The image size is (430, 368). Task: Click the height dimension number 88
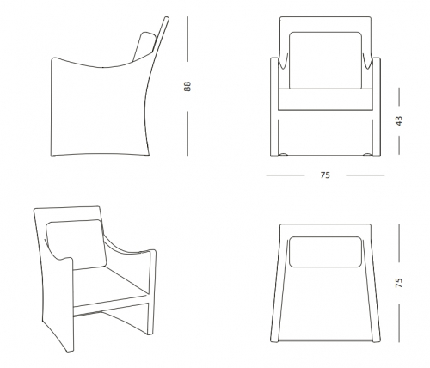pos(187,86)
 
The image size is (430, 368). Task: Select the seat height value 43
pos(399,120)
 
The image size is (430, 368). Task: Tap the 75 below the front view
pos(325,175)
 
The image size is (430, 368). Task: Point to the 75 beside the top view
pos(399,283)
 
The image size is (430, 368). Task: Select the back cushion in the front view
pos(325,60)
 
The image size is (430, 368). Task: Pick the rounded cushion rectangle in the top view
pos(325,252)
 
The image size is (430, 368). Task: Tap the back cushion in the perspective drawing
pos(76,244)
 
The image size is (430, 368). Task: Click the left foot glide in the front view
pos(283,155)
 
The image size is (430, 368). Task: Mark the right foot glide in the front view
pos(367,155)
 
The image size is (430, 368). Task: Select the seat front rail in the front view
pos(325,100)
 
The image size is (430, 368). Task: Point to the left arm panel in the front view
pos(274,107)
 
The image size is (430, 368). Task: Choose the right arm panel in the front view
pos(377,107)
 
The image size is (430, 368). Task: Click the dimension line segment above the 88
pos(187,39)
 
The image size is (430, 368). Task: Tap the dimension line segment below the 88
pos(187,134)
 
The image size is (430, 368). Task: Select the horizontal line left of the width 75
pos(286,175)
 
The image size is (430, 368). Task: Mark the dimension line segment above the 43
pos(399,96)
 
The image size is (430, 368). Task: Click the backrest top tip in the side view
pos(167,18)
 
